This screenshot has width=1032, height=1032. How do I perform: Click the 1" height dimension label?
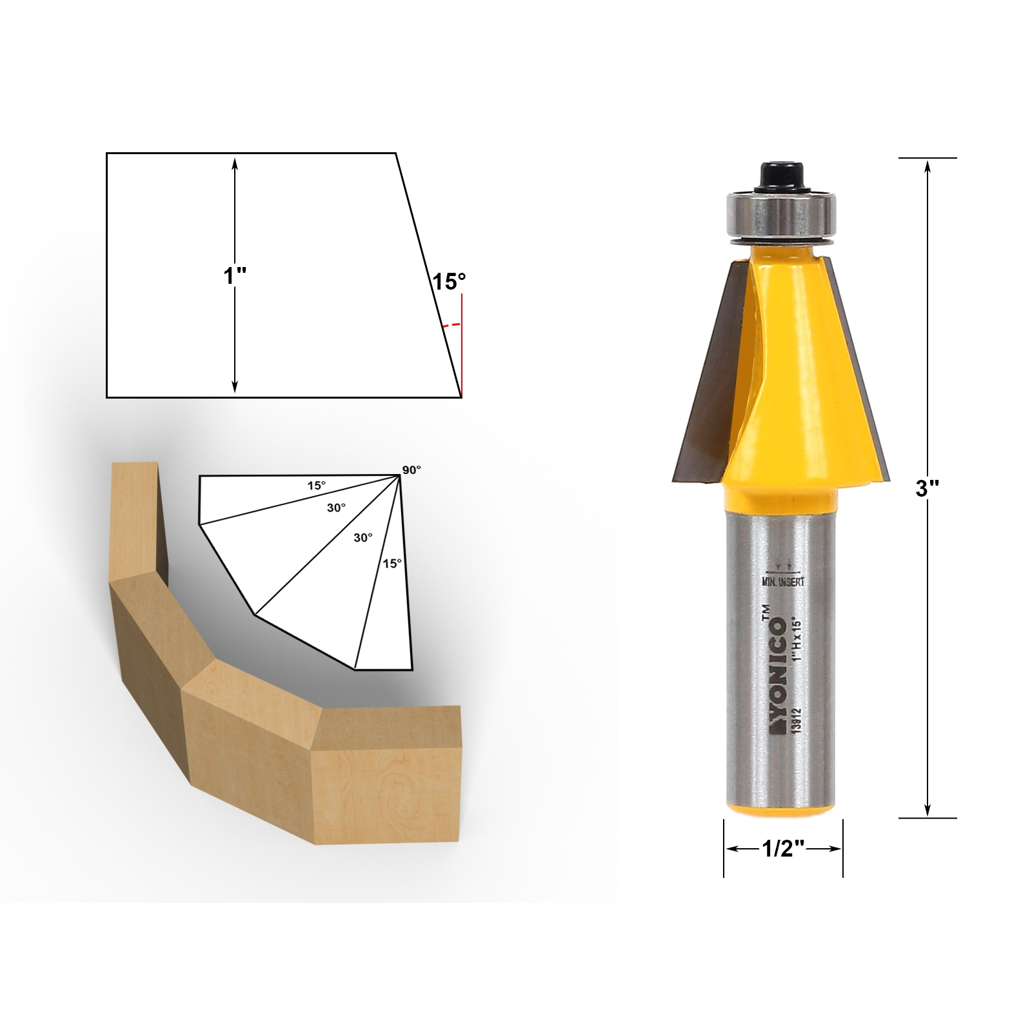point(235,276)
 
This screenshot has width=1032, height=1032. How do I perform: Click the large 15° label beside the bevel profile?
point(449,282)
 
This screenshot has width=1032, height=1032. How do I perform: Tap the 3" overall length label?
point(927,488)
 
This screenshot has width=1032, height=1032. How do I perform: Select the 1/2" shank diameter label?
point(783,849)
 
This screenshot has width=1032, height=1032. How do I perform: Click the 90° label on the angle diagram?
point(412,470)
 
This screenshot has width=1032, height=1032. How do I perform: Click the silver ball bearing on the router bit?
point(780,215)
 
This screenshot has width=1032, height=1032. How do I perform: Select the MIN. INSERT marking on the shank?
point(783,582)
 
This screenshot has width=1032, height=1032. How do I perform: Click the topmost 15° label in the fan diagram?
point(316,485)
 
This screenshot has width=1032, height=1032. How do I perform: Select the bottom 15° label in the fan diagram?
point(392,563)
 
